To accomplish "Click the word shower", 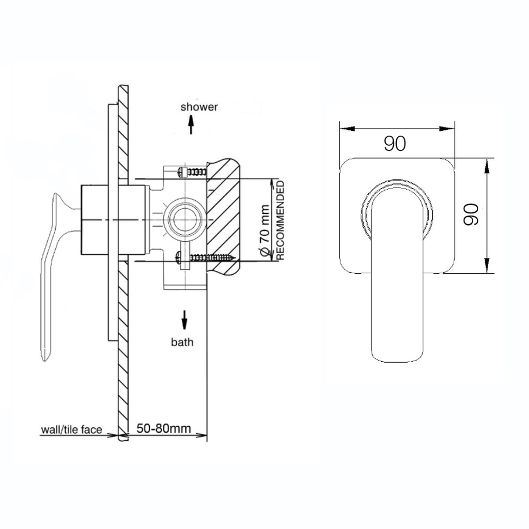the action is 199,107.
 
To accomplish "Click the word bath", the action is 182,342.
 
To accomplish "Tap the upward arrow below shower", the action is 191,125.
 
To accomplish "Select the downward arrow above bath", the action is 184,319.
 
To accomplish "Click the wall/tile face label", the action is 71,429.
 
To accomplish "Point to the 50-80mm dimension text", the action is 164,428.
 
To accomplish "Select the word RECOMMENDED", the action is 280,220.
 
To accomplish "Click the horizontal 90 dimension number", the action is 395,144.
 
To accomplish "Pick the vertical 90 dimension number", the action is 471,214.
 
